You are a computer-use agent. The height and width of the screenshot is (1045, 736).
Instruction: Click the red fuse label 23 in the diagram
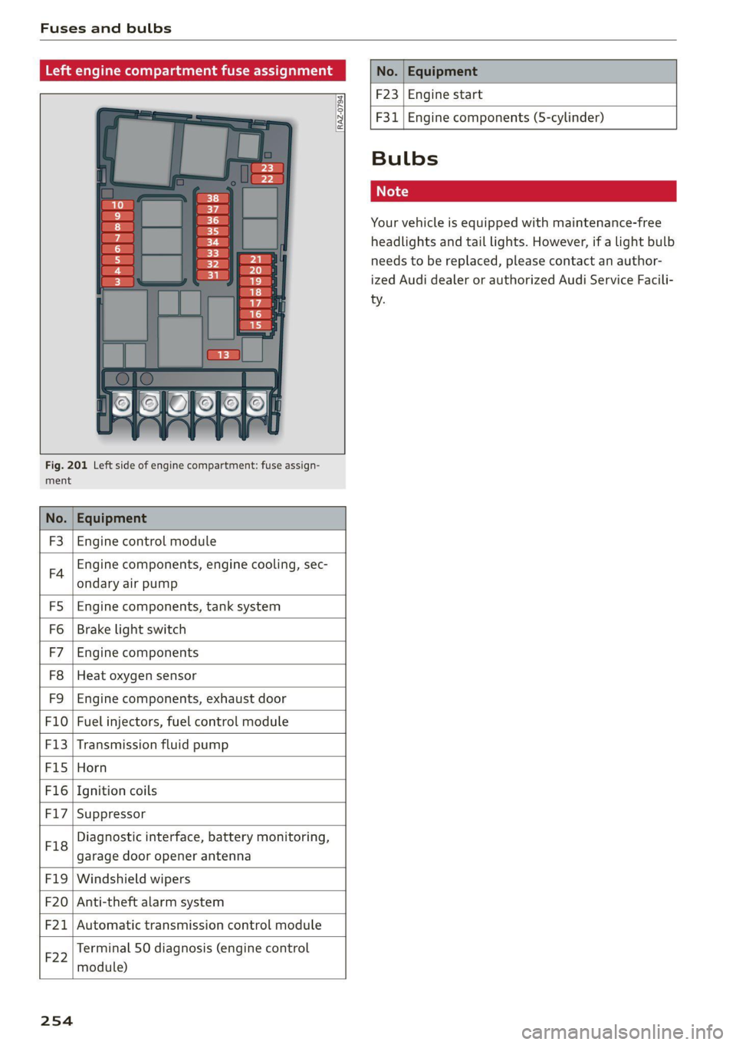pos(267,168)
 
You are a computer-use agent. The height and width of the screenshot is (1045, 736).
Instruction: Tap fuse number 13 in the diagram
pos(223,354)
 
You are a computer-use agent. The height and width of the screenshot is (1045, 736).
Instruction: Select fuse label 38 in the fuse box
pos(212,198)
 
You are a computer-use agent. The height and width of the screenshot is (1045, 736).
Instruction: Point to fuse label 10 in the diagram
pos(117,205)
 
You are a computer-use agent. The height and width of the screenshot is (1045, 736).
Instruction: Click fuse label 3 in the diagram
pos(117,281)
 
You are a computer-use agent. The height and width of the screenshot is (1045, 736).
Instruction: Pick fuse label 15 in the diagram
pos(255,325)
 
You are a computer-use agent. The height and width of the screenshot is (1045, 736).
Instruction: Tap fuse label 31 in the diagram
pos(212,275)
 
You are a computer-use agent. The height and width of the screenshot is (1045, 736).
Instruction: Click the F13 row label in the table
pos(56,744)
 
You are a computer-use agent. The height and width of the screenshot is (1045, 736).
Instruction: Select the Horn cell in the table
pos(92,767)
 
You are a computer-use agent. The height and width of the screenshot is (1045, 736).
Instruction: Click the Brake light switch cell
pos(131,629)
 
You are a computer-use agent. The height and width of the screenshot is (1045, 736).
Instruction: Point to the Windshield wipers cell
pos(133,879)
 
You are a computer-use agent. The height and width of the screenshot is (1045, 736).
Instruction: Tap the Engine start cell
pos(445,94)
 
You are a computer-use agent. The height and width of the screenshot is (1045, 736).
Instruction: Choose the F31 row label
pos(386,117)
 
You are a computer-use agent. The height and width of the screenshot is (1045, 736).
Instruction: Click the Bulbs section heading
pos(405,159)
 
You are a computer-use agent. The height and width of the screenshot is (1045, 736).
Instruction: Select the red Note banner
pos(523,191)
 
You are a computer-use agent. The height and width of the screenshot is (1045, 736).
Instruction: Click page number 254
pos(57,1020)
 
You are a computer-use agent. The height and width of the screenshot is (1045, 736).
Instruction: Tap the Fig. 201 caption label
pos(66,465)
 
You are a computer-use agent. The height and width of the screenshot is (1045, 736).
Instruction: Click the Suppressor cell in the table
pos(111,813)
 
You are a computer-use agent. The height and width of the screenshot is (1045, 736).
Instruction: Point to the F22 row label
pos(56,958)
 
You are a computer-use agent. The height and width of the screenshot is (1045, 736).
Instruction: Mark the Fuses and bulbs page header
pos(106,28)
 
